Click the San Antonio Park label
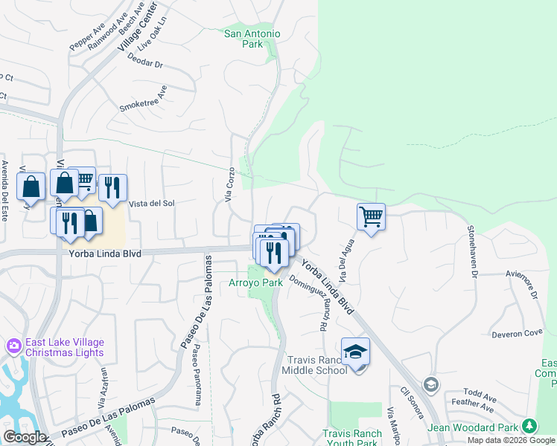coord(252,39)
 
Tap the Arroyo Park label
coord(255,282)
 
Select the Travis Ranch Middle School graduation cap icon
coord(355,351)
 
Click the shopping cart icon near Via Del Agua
coord(371,216)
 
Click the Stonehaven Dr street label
coord(472,252)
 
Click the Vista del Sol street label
coord(152,203)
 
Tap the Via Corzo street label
coord(229,184)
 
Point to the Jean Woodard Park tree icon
coord(529,426)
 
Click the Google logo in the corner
coord(25,436)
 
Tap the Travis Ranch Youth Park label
coord(350,438)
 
